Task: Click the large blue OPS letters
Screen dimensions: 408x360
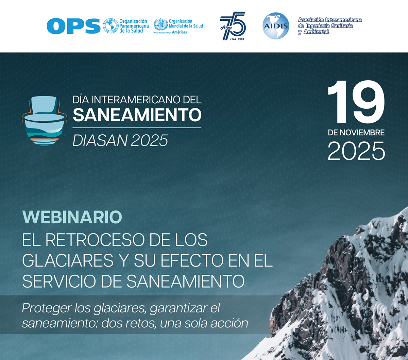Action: (73, 26)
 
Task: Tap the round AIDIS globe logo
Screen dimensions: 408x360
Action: (276, 26)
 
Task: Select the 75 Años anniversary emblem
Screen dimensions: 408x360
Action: (233, 26)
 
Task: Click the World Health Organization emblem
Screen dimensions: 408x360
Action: (160, 24)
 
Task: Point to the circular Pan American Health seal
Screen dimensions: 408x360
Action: (111, 26)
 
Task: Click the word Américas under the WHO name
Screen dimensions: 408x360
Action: (179, 32)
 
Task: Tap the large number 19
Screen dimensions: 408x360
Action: (356, 102)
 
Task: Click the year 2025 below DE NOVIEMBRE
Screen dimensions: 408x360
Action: (356, 151)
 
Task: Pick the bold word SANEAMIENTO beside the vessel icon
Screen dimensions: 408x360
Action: (137, 115)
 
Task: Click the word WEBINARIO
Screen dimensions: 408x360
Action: (72, 217)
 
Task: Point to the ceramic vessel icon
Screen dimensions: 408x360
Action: (44, 120)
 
